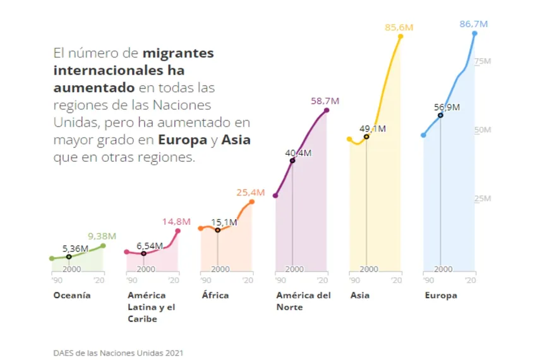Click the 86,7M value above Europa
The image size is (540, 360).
pos(474,24)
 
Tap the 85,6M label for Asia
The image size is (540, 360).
pos(399,27)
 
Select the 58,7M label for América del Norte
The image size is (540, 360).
pos(325,100)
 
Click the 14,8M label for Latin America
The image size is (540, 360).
pos(176,221)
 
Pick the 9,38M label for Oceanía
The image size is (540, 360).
pos(101,236)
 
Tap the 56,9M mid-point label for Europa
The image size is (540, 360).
pos(447,107)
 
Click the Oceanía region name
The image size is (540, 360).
pos(72,295)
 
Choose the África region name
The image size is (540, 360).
pos(215,295)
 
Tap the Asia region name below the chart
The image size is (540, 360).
pos(360,295)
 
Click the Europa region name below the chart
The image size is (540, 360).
pos(440,295)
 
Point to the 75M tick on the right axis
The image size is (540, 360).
pos(483,61)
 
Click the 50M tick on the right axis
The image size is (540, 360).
pos(483,130)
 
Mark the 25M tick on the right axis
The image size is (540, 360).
pos(483,198)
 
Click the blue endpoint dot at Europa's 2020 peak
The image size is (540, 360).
pos(474,33)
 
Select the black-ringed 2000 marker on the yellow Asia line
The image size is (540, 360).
pos(366,136)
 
